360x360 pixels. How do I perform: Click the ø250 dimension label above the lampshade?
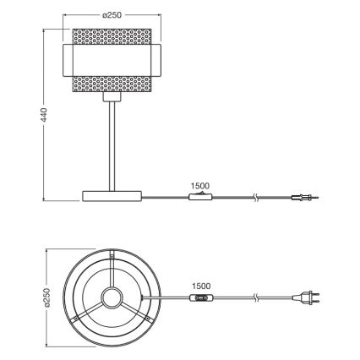coord(112,15)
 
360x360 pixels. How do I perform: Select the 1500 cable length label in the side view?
coord(201,185)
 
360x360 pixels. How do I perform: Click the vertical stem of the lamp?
coord(111,144)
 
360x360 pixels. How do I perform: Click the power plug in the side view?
coord(302,200)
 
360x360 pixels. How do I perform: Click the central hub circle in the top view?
coord(111,297)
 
